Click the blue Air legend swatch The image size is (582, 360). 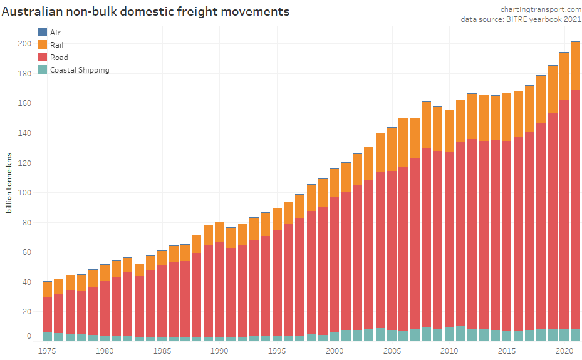click(x=43, y=32)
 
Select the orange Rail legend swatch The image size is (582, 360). click(x=43, y=44)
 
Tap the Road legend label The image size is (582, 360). click(x=59, y=58)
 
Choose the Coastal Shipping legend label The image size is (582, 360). click(x=80, y=70)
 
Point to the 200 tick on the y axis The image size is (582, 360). click(x=24, y=44)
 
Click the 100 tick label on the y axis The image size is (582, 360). click(x=24, y=192)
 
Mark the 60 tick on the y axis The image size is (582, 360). click(x=26, y=252)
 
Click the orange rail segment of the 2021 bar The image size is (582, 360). click(x=575, y=66)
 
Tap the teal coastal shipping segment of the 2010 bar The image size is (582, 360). click(x=449, y=334)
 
